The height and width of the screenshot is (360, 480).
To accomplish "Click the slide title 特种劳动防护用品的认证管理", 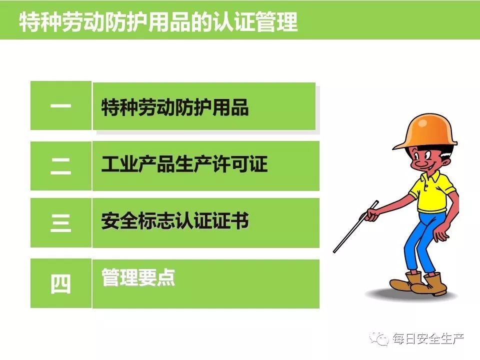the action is (x=158, y=21).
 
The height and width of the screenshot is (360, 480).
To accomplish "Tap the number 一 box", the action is (x=61, y=105).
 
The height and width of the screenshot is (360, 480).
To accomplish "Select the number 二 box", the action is (x=61, y=166).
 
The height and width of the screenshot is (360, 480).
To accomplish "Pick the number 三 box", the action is (x=61, y=223).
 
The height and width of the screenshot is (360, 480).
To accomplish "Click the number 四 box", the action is (x=61, y=283).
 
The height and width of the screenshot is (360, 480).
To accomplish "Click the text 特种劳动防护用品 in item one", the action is (x=175, y=107).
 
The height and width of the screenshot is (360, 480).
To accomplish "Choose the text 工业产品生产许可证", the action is (x=184, y=164).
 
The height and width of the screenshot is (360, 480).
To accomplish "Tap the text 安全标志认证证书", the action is (x=175, y=220).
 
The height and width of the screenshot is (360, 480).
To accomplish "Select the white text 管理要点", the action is (x=138, y=277).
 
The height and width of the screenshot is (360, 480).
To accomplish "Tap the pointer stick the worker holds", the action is (x=355, y=227).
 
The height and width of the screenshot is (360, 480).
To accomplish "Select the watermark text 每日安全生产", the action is (x=428, y=339).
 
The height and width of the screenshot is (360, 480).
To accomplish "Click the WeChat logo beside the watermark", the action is (x=379, y=338).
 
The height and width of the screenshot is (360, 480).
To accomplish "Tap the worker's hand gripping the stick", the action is (x=371, y=214).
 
